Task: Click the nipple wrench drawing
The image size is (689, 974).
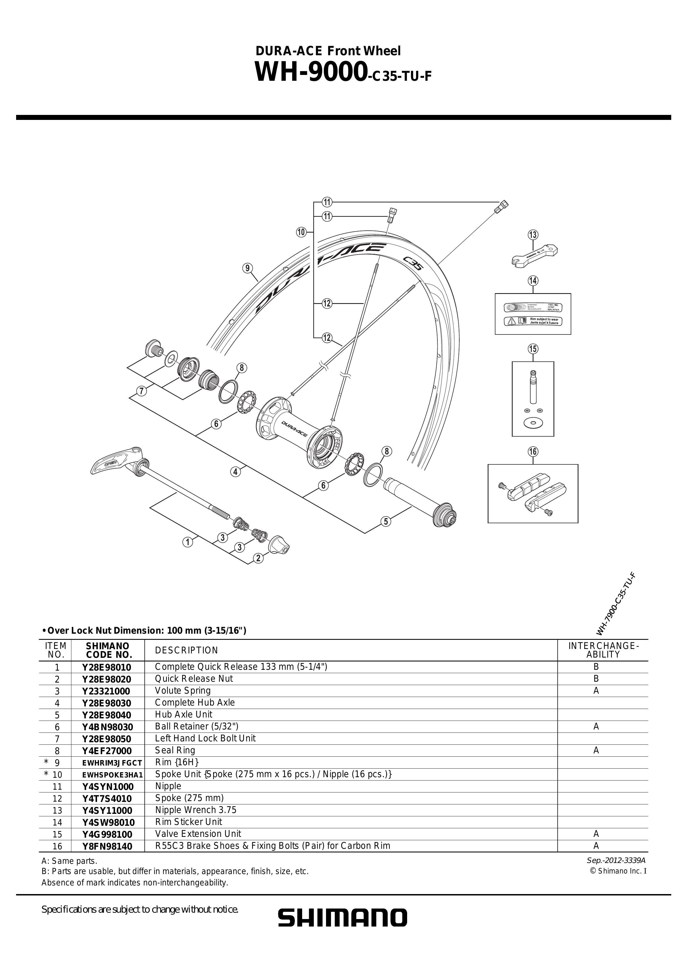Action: [x=535, y=255]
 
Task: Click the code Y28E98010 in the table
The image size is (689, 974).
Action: [x=107, y=667]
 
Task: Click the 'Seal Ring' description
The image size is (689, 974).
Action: [x=175, y=751]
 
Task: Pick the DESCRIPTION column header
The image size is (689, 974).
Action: [x=186, y=650]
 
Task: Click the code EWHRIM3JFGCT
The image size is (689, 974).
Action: [x=112, y=763]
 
